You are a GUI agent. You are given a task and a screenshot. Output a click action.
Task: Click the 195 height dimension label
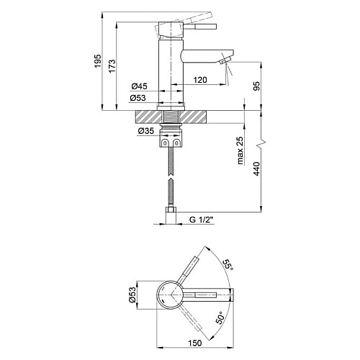point(97,61)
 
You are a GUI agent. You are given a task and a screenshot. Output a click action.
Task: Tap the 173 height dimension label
point(112,66)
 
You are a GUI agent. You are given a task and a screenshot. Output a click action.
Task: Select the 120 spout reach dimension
point(200,80)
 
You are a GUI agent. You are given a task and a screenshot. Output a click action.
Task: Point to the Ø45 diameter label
point(139,86)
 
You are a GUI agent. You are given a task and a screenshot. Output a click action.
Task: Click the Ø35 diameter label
point(145,131)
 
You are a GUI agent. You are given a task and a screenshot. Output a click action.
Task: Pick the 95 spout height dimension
point(256,86)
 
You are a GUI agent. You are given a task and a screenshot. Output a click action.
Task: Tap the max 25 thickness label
point(240,150)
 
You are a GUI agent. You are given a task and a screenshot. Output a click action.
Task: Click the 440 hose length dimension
point(256,168)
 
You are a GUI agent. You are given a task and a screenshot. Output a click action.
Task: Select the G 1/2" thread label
point(202,220)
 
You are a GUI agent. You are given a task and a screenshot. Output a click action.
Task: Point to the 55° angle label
point(228,265)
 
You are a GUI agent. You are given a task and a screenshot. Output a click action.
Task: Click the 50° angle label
point(220,318)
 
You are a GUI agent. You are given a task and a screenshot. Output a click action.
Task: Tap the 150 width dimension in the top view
point(195,343)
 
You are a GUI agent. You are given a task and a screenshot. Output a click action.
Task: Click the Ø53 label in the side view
point(138,98)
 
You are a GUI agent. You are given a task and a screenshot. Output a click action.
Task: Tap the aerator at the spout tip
point(225,60)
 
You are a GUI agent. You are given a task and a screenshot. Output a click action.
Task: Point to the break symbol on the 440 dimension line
point(261,143)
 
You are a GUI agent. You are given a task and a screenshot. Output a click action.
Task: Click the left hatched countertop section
point(148,117)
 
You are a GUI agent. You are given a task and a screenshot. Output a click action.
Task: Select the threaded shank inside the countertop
point(171,117)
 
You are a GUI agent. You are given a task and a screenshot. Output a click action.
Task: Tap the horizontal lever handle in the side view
point(200,27)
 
